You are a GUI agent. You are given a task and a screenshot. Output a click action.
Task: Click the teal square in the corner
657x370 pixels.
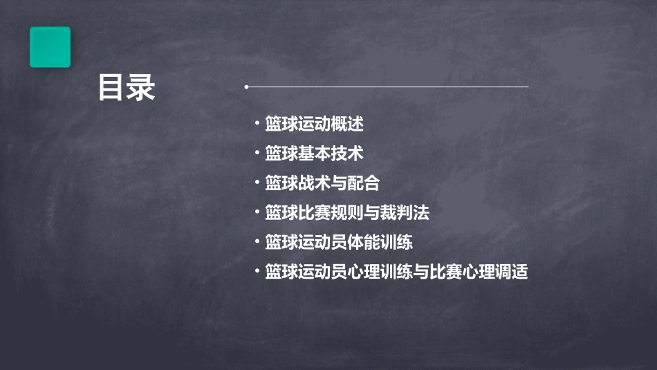click(x=50, y=47)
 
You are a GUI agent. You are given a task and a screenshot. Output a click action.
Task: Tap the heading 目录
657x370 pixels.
click(x=127, y=89)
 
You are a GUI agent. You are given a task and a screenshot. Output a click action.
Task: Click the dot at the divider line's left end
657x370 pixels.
click(x=247, y=87)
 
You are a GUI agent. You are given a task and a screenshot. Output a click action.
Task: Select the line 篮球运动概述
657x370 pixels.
click(x=314, y=124)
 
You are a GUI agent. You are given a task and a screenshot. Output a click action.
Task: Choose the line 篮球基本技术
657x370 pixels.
click(x=314, y=154)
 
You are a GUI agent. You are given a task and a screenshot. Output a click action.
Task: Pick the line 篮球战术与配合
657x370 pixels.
click(x=322, y=183)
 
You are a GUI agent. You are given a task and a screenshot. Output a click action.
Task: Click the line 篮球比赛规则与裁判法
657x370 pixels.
click(x=346, y=213)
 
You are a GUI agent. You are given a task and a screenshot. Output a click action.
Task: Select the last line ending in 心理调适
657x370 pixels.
click(x=396, y=272)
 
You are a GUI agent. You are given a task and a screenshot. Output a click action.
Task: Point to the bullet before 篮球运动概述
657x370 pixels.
click(x=257, y=124)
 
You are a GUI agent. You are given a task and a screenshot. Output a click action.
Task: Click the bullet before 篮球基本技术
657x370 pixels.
click(x=257, y=154)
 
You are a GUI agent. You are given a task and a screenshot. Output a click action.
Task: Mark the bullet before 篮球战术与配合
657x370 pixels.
click(x=257, y=183)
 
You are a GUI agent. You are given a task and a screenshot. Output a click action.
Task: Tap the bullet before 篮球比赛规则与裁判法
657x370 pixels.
click(x=257, y=213)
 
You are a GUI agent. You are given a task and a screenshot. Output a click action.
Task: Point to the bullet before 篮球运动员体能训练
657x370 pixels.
click(x=257, y=242)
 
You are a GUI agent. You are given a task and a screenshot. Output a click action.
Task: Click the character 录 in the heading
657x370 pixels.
click(x=141, y=89)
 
